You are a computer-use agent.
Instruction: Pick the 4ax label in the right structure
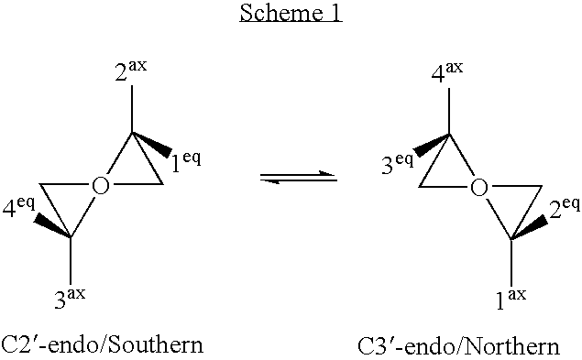pos(447,71)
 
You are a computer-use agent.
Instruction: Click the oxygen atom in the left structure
pos(102,187)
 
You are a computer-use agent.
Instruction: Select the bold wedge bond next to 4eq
pos(53,226)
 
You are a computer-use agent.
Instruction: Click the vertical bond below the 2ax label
pos(132,110)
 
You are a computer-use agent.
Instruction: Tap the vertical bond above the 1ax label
pos(511,260)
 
